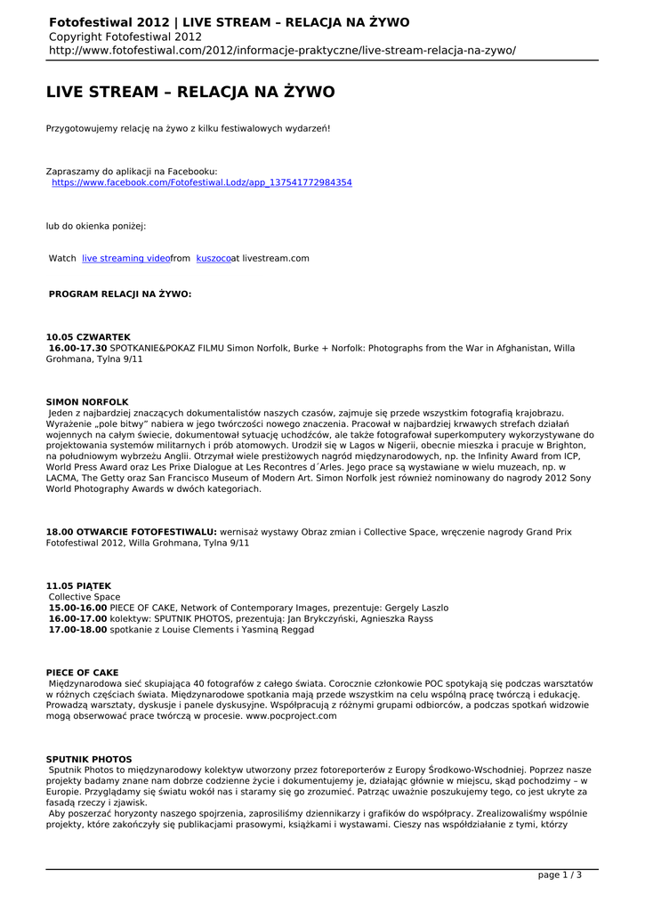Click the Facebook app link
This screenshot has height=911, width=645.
click(202, 182)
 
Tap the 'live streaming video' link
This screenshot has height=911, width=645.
click(125, 258)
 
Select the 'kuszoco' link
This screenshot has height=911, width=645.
click(214, 258)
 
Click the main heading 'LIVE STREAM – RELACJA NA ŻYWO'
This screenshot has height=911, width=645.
click(190, 93)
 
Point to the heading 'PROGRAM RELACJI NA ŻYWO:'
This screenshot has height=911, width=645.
click(120, 293)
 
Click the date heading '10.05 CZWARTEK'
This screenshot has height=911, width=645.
click(88, 337)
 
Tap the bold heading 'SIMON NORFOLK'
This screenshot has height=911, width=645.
click(87, 402)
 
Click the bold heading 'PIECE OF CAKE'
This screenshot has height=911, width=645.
click(82, 673)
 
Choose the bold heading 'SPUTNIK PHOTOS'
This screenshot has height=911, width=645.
click(89, 759)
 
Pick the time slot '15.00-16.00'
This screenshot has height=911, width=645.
click(77, 608)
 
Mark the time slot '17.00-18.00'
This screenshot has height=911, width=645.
click(77, 629)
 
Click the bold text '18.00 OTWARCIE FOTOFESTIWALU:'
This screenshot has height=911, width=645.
click(132, 532)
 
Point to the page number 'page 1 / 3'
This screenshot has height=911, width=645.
click(560, 875)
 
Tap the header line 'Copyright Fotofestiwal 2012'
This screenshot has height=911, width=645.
click(125, 36)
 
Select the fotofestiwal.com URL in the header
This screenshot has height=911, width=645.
click(282, 51)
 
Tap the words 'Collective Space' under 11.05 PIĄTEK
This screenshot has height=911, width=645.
click(85, 597)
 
